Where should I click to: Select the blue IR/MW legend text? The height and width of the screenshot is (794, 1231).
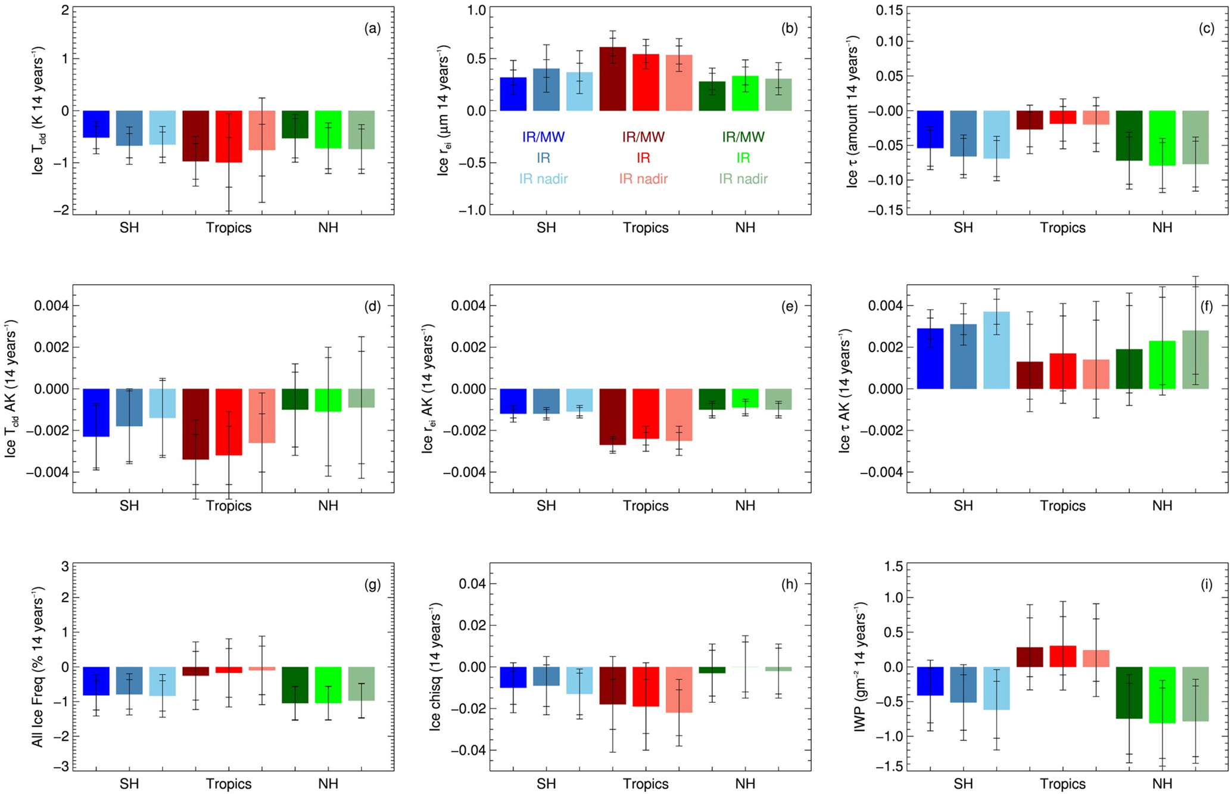pyautogui.click(x=543, y=138)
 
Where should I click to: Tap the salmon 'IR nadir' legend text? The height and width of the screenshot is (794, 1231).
pyautogui.click(x=643, y=179)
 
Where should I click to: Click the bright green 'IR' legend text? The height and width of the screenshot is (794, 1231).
pyautogui.click(x=743, y=158)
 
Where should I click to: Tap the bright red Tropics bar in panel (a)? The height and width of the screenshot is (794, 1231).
pyautogui.click(x=229, y=136)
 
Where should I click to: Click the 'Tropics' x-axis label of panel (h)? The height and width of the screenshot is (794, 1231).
pyautogui.click(x=646, y=784)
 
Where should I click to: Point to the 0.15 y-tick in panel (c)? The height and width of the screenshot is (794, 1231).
pyautogui.click(x=888, y=11)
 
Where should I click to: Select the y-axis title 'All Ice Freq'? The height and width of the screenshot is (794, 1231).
pyautogui.click(x=37, y=667)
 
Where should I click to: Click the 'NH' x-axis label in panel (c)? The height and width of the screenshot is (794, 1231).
pyautogui.click(x=1162, y=228)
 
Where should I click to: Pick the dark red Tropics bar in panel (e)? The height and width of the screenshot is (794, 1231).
pyautogui.click(x=612, y=416)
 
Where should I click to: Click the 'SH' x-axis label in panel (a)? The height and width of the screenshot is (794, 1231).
pyautogui.click(x=129, y=228)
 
